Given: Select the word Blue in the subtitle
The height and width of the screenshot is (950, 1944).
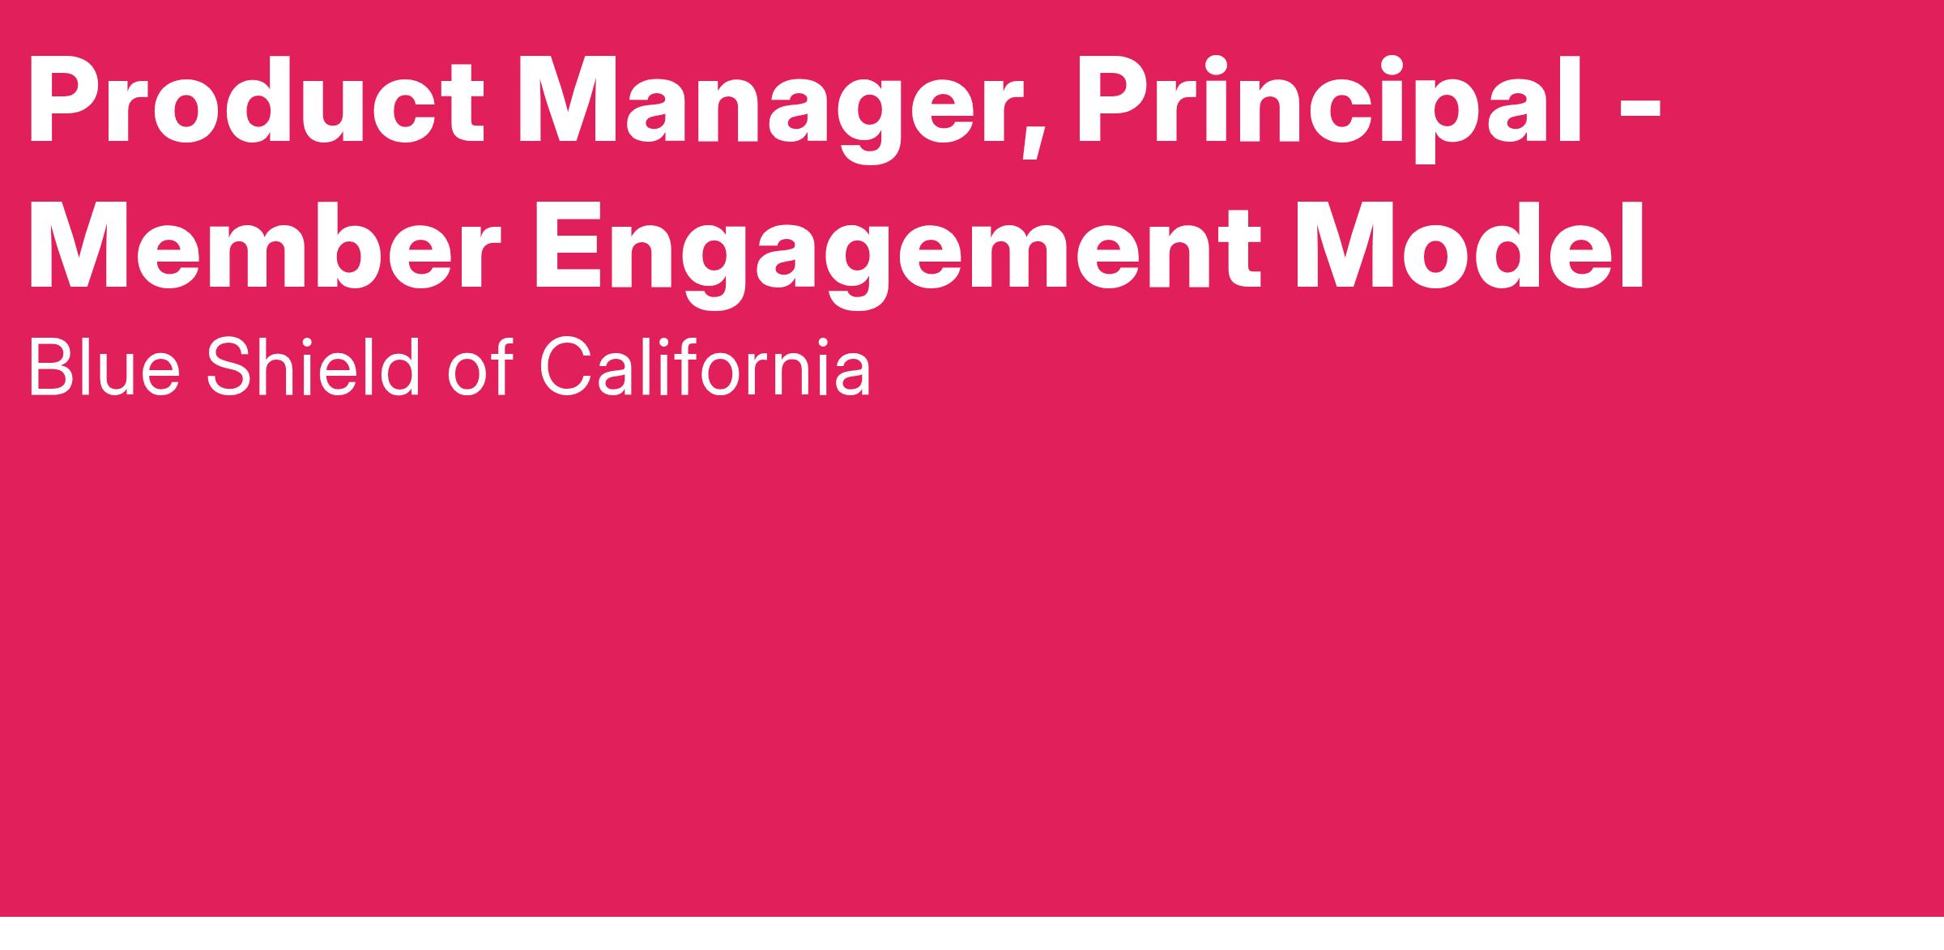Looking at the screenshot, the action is pyautogui.click(x=104, y=368).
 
